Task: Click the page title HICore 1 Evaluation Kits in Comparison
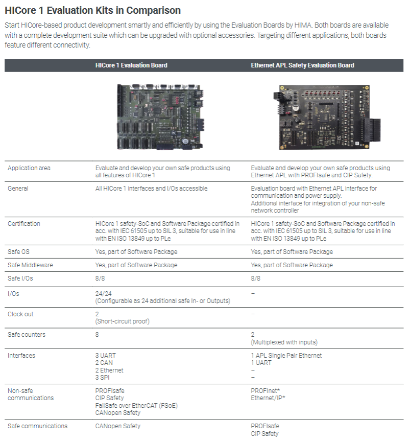(x=92, y=10)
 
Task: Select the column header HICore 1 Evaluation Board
(x=131, y=65)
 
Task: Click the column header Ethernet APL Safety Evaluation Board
(x=302, y=65)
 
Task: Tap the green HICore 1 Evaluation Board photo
(x=160, y=116)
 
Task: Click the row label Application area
(x=29, y=168)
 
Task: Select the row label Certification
(x=24, y=224)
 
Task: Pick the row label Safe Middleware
(x=30, y=265)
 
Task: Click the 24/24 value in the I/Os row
(x=103, y=294)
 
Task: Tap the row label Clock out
(x=21, y=314)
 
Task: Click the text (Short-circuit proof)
(x=123, y=321)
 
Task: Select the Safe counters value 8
(x=97, y=335)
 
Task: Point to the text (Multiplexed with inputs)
(x=284, y=342)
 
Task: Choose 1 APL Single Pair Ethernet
(x=286, y=356)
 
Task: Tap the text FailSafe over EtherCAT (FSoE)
(x=136, y=405)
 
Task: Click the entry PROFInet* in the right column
(x=266, y=390)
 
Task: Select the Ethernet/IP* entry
(x=268, y=398)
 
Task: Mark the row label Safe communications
(x=37, y=426)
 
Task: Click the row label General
(x=18, y=189)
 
